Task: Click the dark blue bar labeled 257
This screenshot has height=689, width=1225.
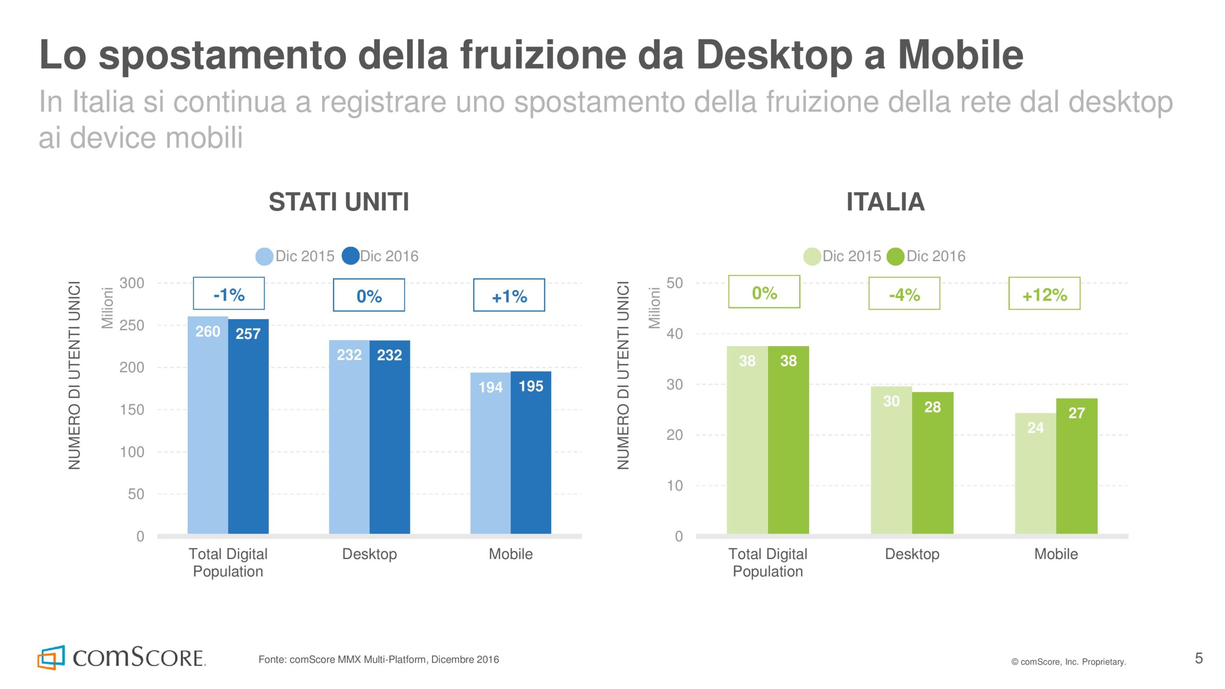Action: tap(248, 426)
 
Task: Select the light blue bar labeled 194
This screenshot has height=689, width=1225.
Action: tap(490, 453)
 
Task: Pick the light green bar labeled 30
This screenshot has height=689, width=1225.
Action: tap(891, 460)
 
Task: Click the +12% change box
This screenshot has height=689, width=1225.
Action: tap(1044, 294)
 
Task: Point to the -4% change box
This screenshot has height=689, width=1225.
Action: tap(904, 294)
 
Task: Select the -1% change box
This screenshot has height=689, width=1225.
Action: tap(229, 294)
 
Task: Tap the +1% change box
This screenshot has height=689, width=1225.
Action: tap(509, 295)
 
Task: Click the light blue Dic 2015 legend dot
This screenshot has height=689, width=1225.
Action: tap(264, 256)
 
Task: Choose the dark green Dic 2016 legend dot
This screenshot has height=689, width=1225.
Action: tap(895, 256)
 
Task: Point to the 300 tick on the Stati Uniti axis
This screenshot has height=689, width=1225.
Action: tap(132, 283)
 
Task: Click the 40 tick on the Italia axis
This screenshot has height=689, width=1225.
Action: tap(675, 333)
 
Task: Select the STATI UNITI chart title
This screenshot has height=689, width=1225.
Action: tap(339, 201)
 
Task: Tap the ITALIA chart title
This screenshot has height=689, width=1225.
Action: tap(885, 201)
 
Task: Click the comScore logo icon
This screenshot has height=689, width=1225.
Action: tap(51, 657)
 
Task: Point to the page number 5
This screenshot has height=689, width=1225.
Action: tap(1199, 658)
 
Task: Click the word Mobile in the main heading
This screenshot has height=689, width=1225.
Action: tap(960, 55)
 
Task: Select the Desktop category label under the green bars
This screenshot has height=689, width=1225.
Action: tap(912, 554)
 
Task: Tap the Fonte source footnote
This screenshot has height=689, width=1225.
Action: tap(379, 659)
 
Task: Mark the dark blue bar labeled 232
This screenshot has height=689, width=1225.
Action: tap(390, 436)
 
